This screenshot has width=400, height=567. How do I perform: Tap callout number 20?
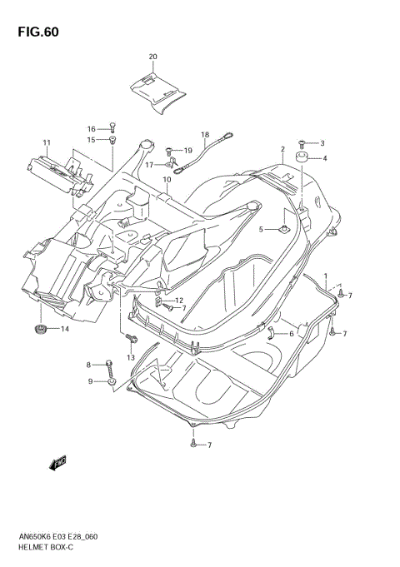pyautogui.click(x=152, y=57)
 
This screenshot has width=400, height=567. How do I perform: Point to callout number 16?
pyautogui.click(x=92, y=127)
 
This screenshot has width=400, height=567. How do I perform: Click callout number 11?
pyautogui.click(x=47, y=142)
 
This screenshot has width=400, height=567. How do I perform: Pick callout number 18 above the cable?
pyautogui.click(x=203, y=133)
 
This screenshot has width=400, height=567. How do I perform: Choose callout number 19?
pyautogui.click(x=188, y=150)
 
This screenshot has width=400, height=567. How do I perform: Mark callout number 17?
pyautogui.click(x=150, y=164)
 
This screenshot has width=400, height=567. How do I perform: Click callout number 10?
pyautogui.click(x=167, y=179)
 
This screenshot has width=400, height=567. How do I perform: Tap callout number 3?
pyautogui.click(x=322, y=144)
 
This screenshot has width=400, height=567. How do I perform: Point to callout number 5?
pyautogui.click(x=261, y=229)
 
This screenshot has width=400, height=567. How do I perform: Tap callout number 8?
pyautogui.click(x=87, y=364)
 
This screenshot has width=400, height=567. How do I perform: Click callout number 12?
pyautogui.click(x=178, y=300)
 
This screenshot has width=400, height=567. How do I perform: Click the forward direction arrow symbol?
pyautogui.click(x=58, y=463)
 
